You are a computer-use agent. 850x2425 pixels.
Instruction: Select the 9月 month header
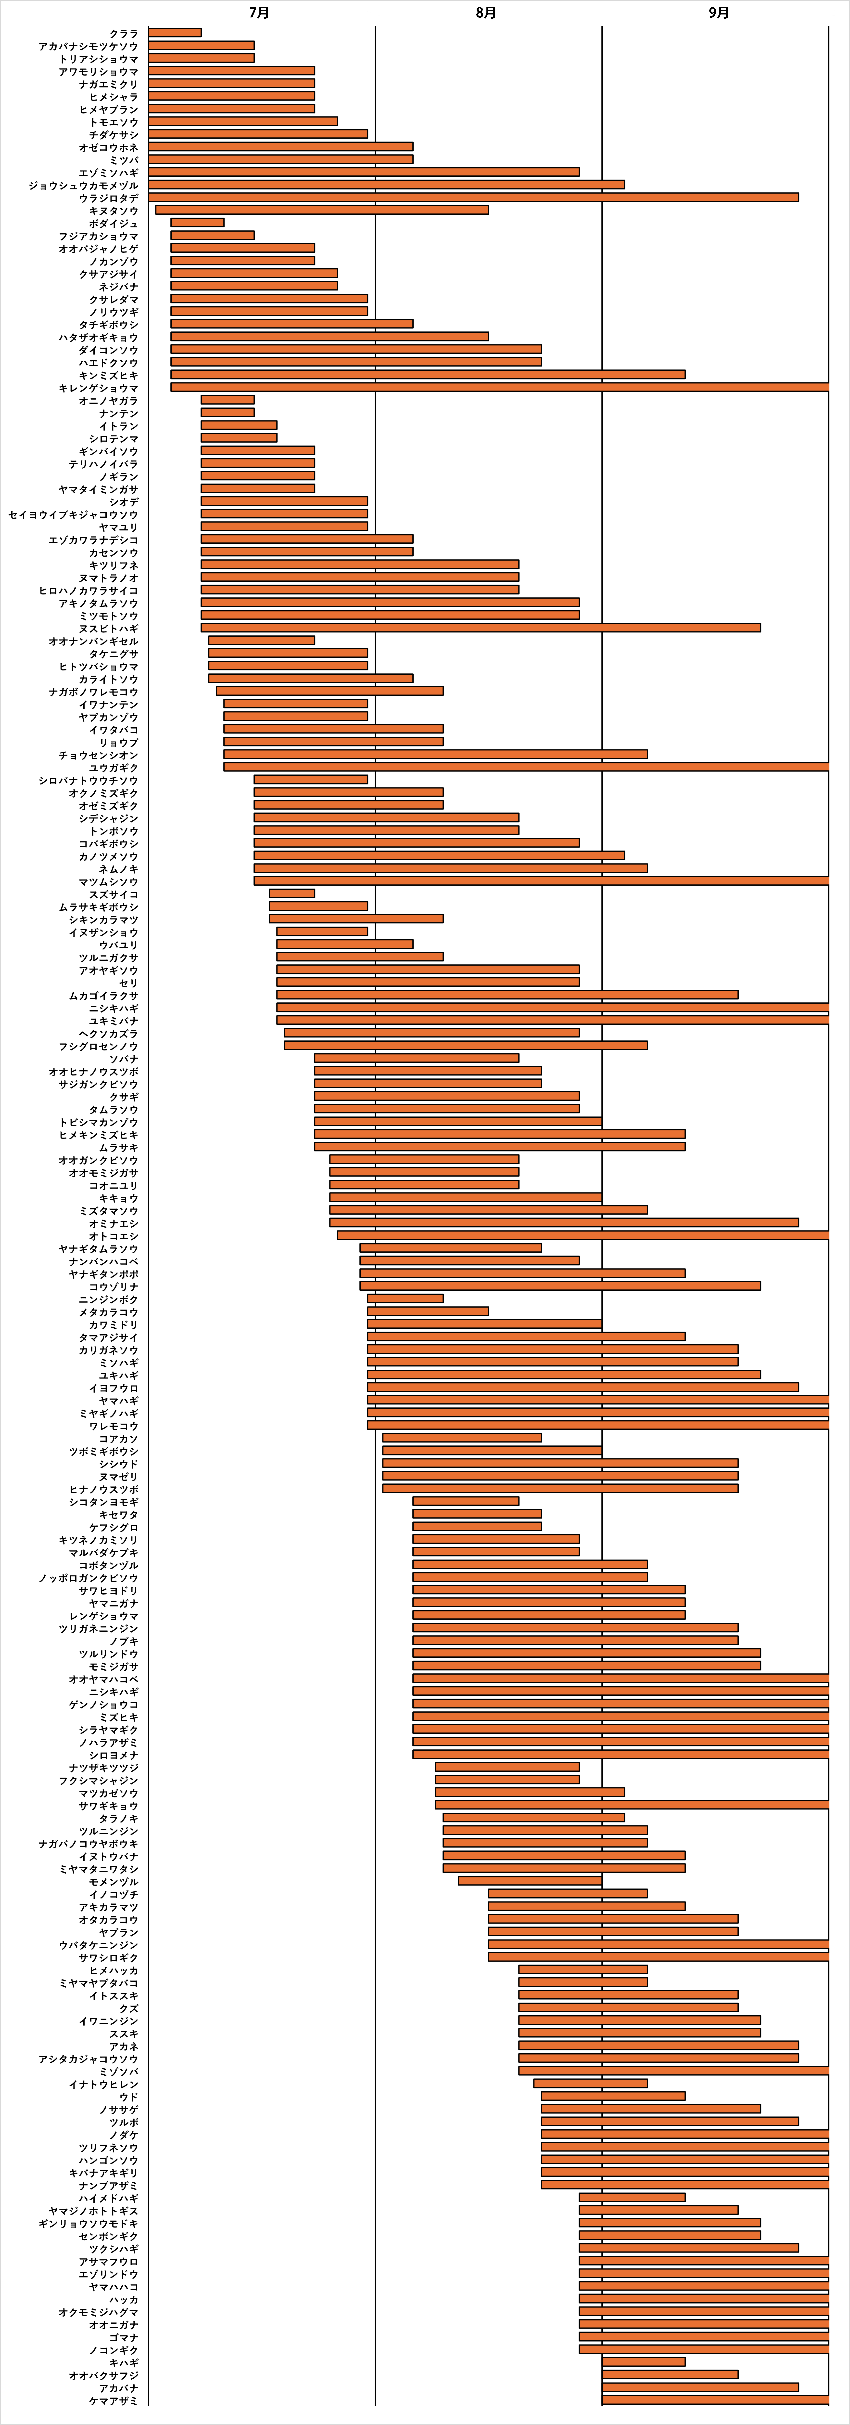tap(718, 12)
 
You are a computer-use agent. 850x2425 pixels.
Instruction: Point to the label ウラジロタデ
tap(108, 198)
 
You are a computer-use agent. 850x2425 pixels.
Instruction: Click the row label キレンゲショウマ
tap(98, 388)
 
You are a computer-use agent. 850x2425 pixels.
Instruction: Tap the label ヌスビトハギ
tap(108, 628)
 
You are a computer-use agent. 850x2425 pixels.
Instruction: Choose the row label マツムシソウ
tap(108, 881)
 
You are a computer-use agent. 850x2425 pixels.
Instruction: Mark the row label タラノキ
tap(119, 1818)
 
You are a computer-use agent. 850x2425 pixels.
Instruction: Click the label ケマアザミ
tap(113, 2400)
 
